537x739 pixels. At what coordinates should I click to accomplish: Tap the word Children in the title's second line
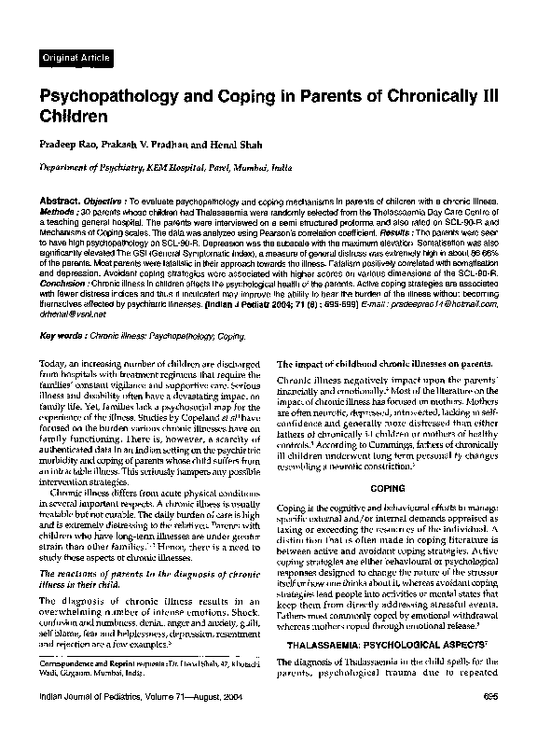click(x=75, y=118)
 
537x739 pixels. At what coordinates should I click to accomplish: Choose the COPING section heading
click(x=388, y=487)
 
